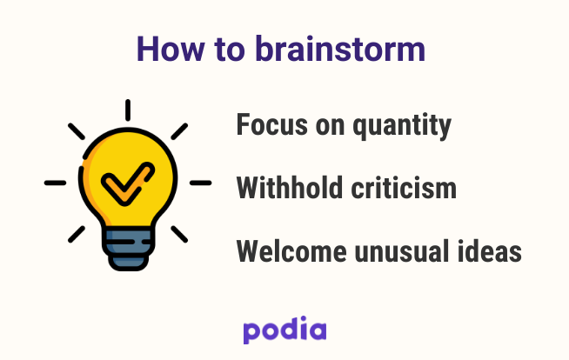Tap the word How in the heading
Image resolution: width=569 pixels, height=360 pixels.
(171, 49)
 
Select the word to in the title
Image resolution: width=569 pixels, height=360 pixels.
(230, 50)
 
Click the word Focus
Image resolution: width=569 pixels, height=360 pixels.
(272, 124)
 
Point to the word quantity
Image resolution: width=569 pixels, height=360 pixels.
(402, 126)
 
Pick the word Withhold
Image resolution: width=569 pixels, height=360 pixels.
(290, 188)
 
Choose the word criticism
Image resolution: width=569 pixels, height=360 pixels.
(404, 188)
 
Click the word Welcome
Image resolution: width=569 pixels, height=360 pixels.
(291, 251)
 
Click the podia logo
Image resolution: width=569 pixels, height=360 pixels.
(284, 330)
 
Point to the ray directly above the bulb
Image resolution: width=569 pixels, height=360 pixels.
(128, 110)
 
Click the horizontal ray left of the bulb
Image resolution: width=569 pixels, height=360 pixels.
(55, 183)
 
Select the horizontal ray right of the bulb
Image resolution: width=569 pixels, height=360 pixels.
(201, 183)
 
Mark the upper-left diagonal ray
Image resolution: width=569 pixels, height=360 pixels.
(77, 131)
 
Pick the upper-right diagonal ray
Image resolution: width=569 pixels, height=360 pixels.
(179, 131)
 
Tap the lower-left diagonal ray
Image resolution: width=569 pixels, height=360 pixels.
(77, 234)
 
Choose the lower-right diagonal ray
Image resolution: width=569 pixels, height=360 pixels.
(179, 234)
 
